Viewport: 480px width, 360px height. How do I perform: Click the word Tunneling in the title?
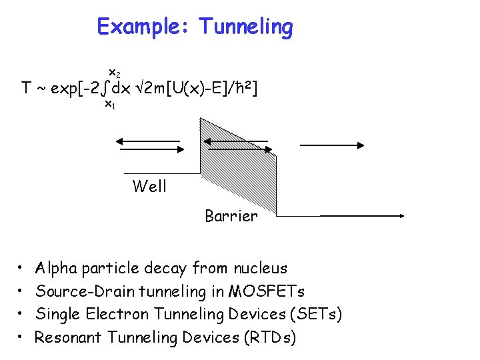pyautogui.click(x=246, y=27)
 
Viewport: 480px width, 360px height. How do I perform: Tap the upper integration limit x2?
pyautogui.click(x=114, y=72)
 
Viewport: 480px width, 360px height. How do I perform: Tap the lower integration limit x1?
pyautogui.click(x=110, y=105)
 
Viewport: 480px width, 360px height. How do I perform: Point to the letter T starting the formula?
pyautogui.click(x=27, y=88)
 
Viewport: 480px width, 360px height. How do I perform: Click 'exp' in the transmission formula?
pyautogui.click(x=65, y=89)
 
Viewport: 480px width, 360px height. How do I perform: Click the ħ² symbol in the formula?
pyautogui.click(x=243, y=87)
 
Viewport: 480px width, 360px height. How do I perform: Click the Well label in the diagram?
pyautogui.click(x=149, y=186)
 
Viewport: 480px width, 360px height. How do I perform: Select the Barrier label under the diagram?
pyautogui.click(x=231, y=216)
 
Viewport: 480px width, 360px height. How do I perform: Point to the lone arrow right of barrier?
pyautogui.click(x=331, y=144)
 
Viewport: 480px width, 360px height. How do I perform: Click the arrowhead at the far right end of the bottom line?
pyautogui.click(x=402, y=216)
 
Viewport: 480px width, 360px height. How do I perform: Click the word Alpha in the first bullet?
pyautogui.click(x=56, y=269)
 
